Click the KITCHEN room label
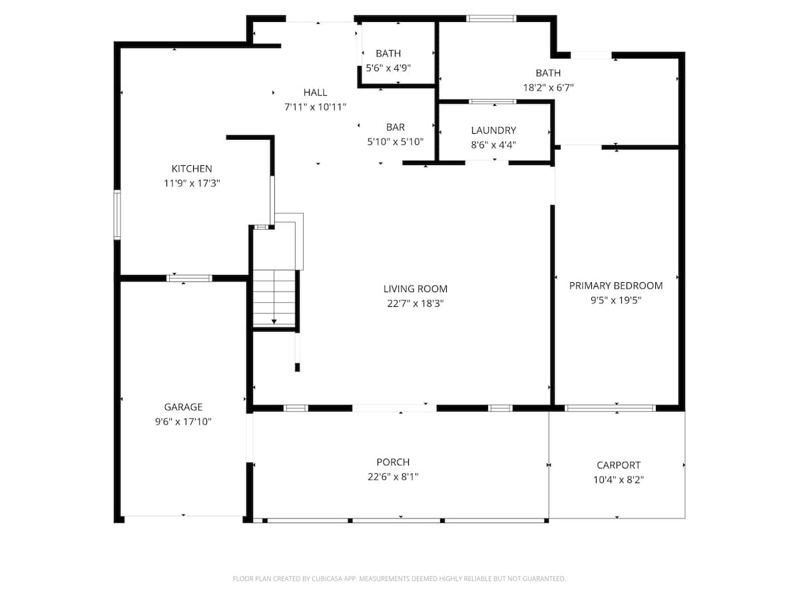(x=192, y=169)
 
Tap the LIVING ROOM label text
(x=415, y=289)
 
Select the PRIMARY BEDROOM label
(x=616, y=286)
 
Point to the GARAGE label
(x=183, y=407)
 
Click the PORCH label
(x=393, y=462)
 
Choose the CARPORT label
(x=619, y=465)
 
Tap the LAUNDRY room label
(x=493, y=130)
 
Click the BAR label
(x=395, y=127)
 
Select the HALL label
(x=316, y=93)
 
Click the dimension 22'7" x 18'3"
(x=415, y=303)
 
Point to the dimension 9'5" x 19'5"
(x=616, y=300)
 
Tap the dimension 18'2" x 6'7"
(x=548, y=87)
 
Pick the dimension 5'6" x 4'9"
(x=388, y=67)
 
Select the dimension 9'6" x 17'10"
(x=183, y=421)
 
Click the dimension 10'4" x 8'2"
(x=619, y=479)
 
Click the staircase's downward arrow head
(x=274, y=322)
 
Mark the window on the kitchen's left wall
(x=117, y=215)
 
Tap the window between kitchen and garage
(x=189, y=278)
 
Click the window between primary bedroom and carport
(x=610, y=408)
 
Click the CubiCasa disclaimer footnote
(x=400, y=579)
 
